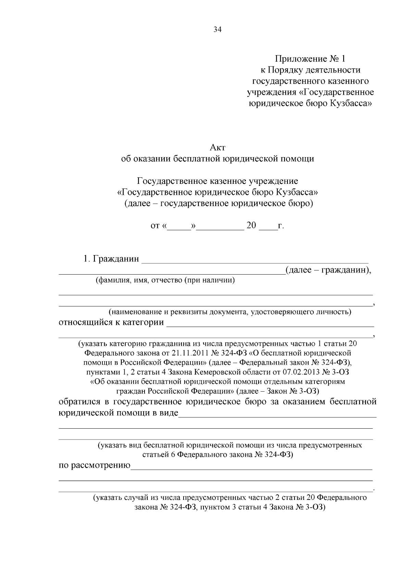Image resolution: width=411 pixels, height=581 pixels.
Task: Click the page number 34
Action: pos(217,30)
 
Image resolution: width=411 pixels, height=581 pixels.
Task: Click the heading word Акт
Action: pos(217,148)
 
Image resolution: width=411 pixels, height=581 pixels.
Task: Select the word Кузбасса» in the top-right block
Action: pos(350,103)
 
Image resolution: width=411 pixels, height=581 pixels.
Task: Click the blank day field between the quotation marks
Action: pos(179,226)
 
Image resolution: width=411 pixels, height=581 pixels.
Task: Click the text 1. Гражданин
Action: pos(111,259)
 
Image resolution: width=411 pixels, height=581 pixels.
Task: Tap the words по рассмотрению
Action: pos(95,465)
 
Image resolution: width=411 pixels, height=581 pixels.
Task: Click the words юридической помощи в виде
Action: pos(119,413)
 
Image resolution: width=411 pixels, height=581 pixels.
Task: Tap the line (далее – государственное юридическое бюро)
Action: pos(218,204)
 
